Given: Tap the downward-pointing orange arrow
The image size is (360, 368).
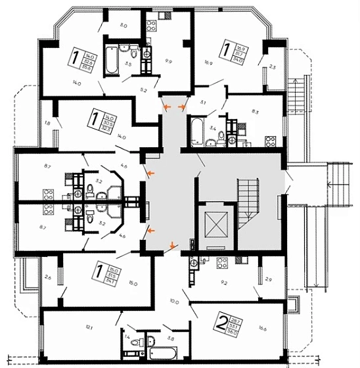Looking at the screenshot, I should [x=173, y=246].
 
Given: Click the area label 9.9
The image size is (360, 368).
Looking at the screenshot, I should [x=169, y=60].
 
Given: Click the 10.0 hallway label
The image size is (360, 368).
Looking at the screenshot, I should [x=174, y=302].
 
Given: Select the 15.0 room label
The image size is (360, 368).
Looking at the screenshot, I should [x=133, y=284].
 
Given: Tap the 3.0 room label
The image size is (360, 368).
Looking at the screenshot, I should [x=122, y=26].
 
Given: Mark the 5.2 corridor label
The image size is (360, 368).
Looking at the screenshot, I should [x=143, y=89].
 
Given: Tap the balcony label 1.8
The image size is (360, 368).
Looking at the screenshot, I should [x=47, y=123].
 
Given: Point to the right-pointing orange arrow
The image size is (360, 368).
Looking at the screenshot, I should [x=182, y=106].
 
